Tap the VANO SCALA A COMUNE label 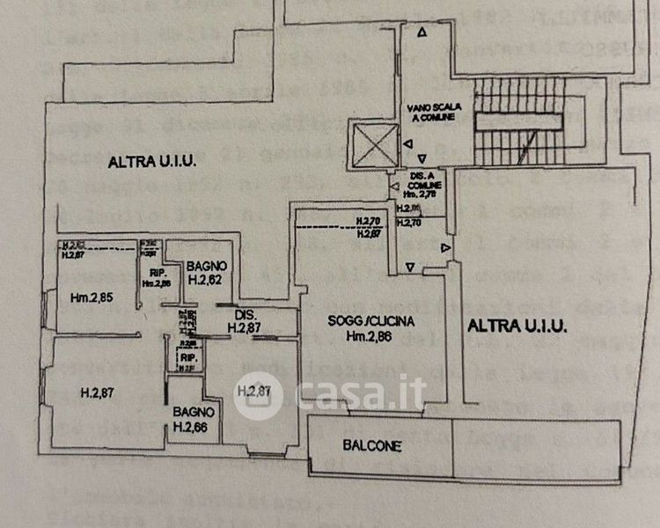tap(429, 112)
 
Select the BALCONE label tap(371, 446)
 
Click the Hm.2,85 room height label tap(92, 297)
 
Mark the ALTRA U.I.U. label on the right tap(517, 326)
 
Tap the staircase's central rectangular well tap(519, 122)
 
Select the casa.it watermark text tap(361, 393)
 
